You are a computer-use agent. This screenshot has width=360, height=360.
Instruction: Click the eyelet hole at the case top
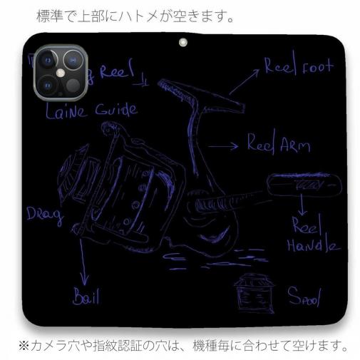[182, 43]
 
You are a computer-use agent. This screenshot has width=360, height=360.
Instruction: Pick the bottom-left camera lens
[47, 84]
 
